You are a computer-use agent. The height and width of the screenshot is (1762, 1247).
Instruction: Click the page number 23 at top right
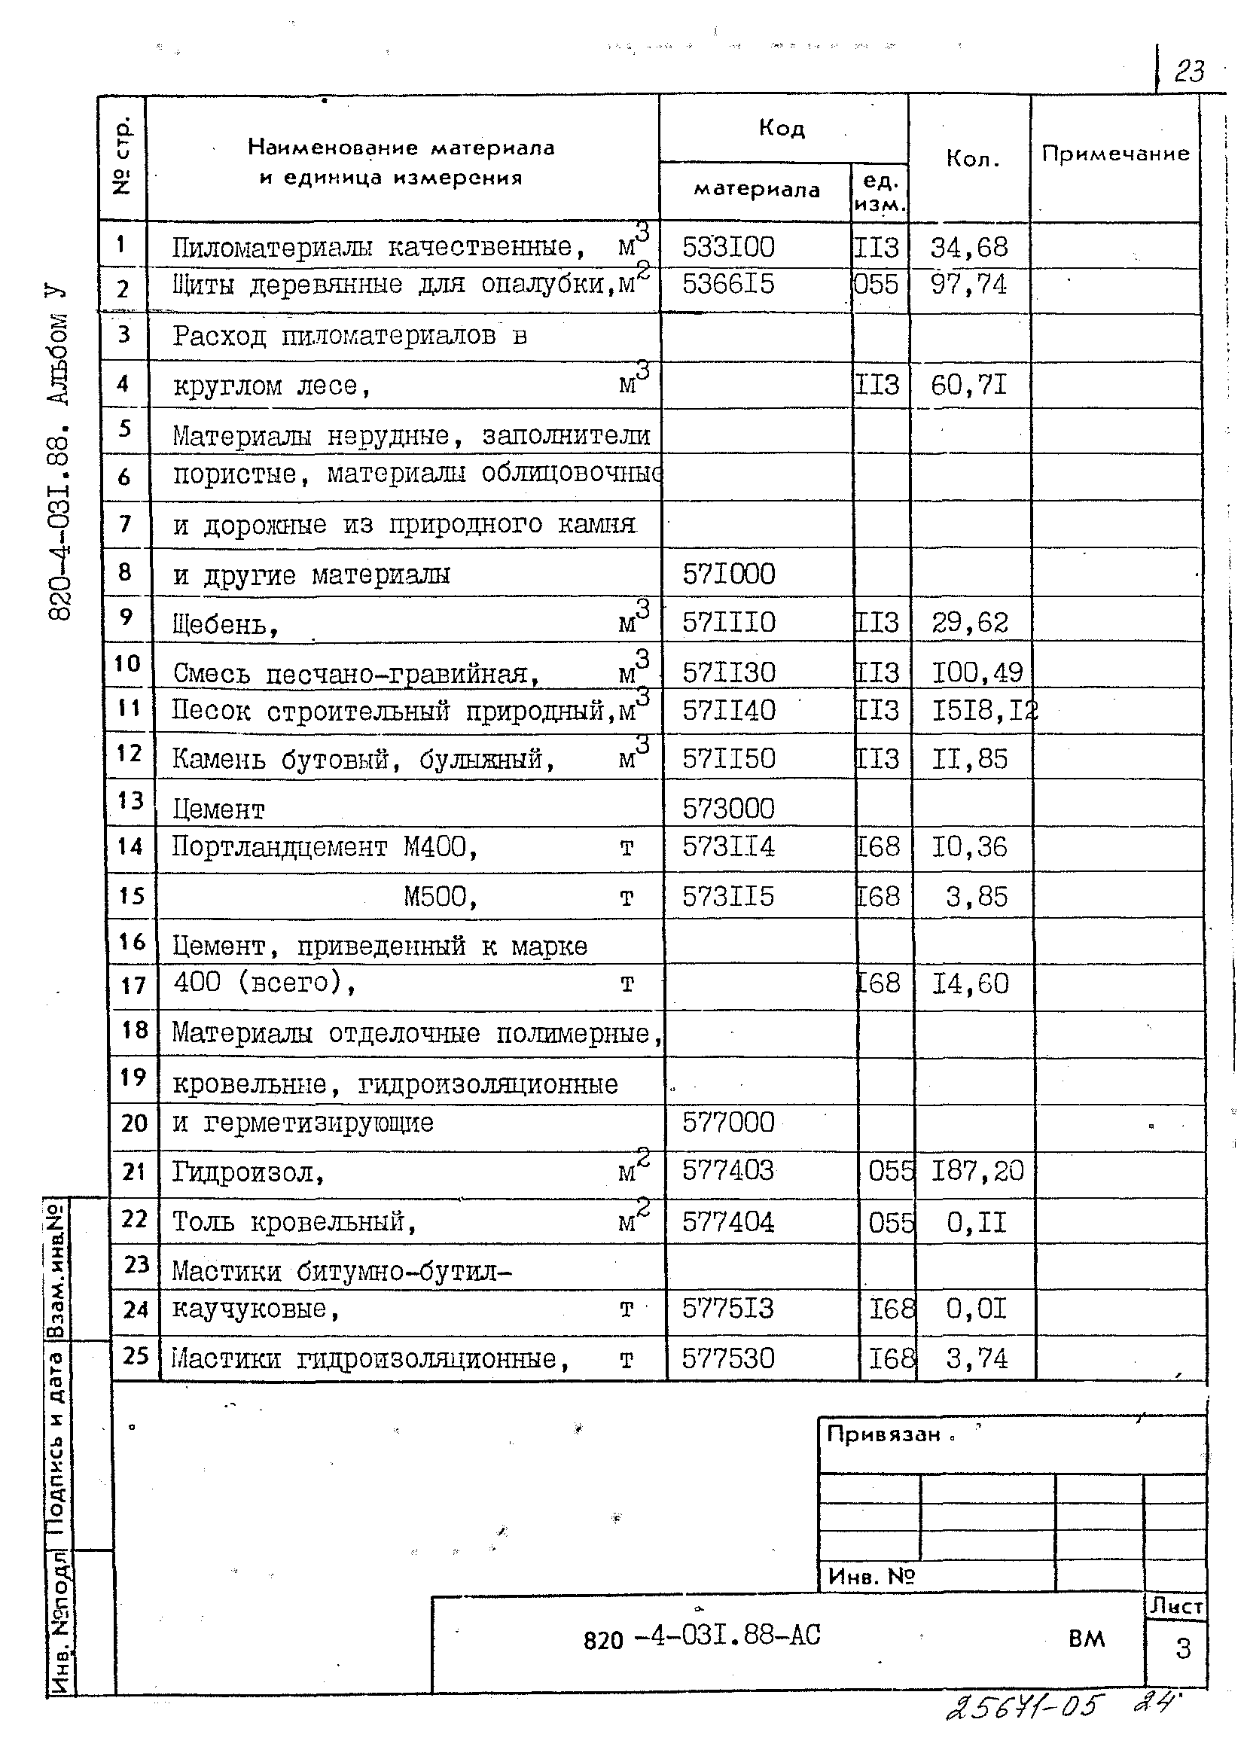click(x=1189, y=72)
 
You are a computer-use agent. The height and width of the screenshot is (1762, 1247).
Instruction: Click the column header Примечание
click(x=1115, y=154)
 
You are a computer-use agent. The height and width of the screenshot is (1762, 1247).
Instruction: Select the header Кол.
click(x=972, y=159)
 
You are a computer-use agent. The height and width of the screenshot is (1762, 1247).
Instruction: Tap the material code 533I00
click(x=728, y=247)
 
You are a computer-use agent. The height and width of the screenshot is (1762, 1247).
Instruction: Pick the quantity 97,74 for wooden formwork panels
click(x=968, y=285)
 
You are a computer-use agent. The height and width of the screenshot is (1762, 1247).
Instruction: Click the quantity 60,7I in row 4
click(x=968, y=385)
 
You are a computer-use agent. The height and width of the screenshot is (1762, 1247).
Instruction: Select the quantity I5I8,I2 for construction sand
click(x=983, y=711)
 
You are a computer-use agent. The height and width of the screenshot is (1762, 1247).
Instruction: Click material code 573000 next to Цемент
click(x=728, y=809)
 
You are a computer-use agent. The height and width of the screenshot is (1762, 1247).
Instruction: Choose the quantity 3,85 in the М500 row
click(x=976, y=896)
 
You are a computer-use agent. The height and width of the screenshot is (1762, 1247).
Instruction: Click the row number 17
click(x=133, y=985)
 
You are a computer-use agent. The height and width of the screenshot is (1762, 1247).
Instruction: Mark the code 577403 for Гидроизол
click(x=728, y=1171)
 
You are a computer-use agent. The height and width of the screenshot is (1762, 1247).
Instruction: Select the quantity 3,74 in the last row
click(x=976, y=1359)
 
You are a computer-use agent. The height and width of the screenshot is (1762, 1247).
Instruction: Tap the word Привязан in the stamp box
click(x=883, y=1434)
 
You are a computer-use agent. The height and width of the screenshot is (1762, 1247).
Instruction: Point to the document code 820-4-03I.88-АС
click(x=702, y=1636)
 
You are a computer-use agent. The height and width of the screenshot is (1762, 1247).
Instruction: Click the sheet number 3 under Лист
click(x=1182, y=1648)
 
